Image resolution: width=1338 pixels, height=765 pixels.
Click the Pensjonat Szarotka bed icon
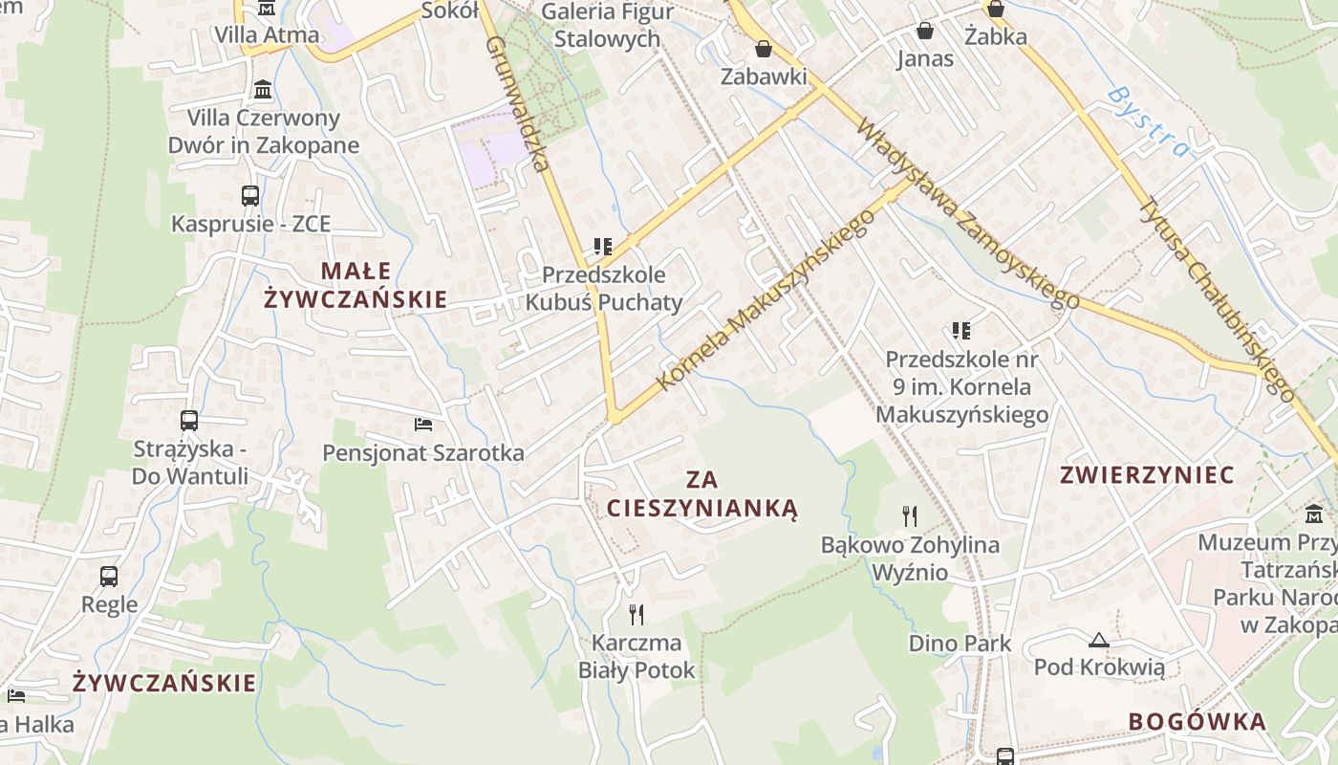click(x=423, y=423)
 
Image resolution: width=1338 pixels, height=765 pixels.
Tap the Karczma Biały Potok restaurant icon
click(x=637, y=613)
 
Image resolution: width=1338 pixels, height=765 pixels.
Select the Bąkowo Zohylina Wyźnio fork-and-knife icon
click(x=910, y=516)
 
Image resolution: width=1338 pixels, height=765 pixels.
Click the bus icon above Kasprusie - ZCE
click(x=250, y=196)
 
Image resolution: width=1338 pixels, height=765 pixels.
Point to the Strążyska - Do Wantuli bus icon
click(x=189, y=420)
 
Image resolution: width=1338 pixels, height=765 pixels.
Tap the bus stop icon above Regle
click(x=109, y=576)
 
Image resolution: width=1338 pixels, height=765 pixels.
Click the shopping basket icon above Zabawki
click(x=763, y=49)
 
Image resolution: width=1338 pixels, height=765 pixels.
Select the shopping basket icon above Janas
click(x=924, y=31)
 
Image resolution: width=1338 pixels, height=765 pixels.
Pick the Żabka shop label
click(x=995, y=37)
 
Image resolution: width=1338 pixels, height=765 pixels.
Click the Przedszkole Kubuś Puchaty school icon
click(x=603, y=247)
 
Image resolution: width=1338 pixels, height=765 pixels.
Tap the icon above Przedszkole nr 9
click(x=961, y=331)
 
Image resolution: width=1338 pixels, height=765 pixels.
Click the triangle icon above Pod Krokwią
click(x=1098, y=639)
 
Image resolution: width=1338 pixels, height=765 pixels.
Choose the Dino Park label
click(x=960, y=643)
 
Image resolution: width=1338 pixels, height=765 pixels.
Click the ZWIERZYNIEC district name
click(x=1147, y=475)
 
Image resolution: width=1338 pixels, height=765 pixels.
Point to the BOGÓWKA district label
click(x=1198, y=722)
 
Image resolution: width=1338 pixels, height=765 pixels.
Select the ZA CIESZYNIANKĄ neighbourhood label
click(x=701, y=493)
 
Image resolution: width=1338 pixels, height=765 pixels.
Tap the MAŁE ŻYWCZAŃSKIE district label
click(x=356, y=285)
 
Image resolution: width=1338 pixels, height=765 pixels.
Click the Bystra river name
click(x=1151, y=120)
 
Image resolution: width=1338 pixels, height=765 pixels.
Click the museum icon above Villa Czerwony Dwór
click(x=262, y=91)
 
